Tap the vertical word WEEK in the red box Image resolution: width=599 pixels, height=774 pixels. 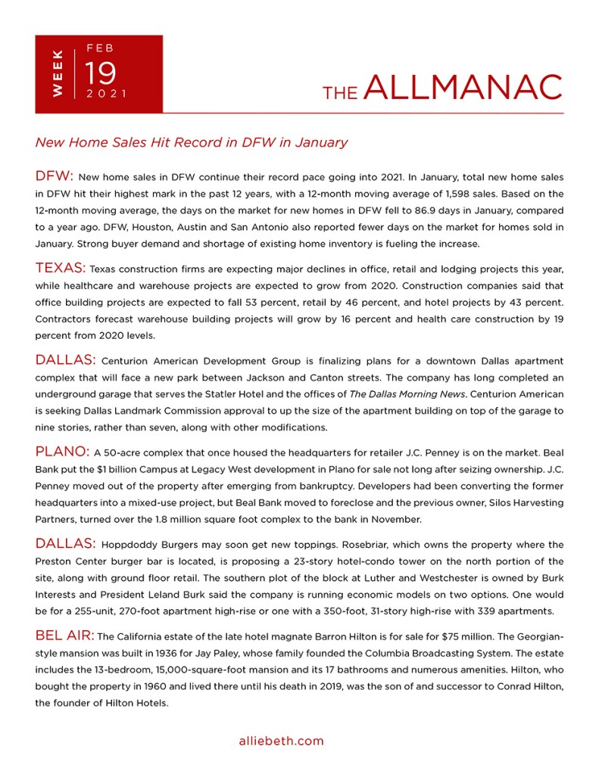pyautogui.click(x=58, y=74)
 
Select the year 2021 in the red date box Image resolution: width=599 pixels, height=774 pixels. pyautogui.click(x=106, y=95)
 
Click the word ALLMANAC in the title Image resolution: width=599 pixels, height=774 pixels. pyautogui.click(x=463, y=87)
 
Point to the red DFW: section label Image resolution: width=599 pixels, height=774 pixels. pyautogui.click(x=55, y=176)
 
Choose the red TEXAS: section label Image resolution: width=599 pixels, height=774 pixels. pyautogui.click(x=61, y=268)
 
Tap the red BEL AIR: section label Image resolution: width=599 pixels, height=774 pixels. pyautogui.click(x=64, y=635)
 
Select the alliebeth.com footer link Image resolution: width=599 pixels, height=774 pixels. pyautogui.click(x=281, y=741)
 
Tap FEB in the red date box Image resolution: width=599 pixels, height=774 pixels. pyautogui.click(x=101, y=48)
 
